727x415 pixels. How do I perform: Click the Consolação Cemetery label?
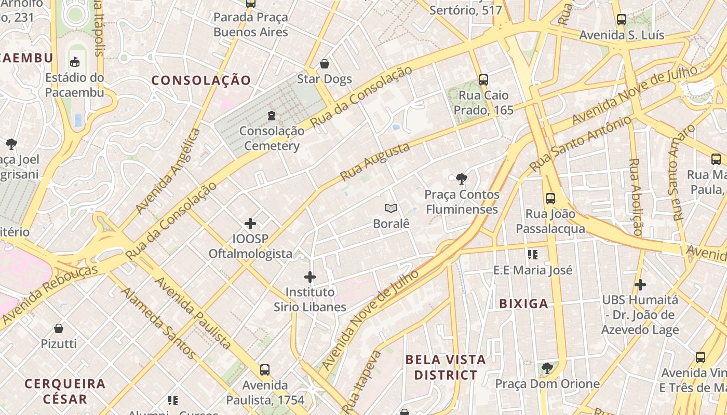[x=272, y=139]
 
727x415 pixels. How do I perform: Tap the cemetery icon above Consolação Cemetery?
[x=271, y=115]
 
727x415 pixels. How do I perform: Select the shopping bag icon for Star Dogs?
[x=325, y=64]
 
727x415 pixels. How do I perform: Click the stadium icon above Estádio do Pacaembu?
[x=75, y=62]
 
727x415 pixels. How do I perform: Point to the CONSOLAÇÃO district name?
[x=201, y=80]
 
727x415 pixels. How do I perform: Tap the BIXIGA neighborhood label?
[x=523, y=304]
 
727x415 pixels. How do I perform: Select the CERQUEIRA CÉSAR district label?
[x=65, y=392]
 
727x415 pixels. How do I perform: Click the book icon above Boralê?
[x=391, y=208]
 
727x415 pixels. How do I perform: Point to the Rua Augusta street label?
[x=375, y=161]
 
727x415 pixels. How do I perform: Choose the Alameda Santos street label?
[x=158, y=323]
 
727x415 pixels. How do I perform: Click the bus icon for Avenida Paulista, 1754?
[x=265, y=370]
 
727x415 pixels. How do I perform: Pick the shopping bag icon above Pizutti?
[x=59, y=328]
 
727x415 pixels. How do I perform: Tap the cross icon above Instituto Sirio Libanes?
[x=310, y=277]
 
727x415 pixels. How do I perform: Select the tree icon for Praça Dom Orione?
[x=546, y=368]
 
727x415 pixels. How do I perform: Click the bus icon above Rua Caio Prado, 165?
[x=483, y=80]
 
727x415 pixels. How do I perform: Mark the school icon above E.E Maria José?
[x=532, y=255]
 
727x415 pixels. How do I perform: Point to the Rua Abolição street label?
[x=635, y=197]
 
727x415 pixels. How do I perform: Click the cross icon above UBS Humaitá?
[x=640, y=285]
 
